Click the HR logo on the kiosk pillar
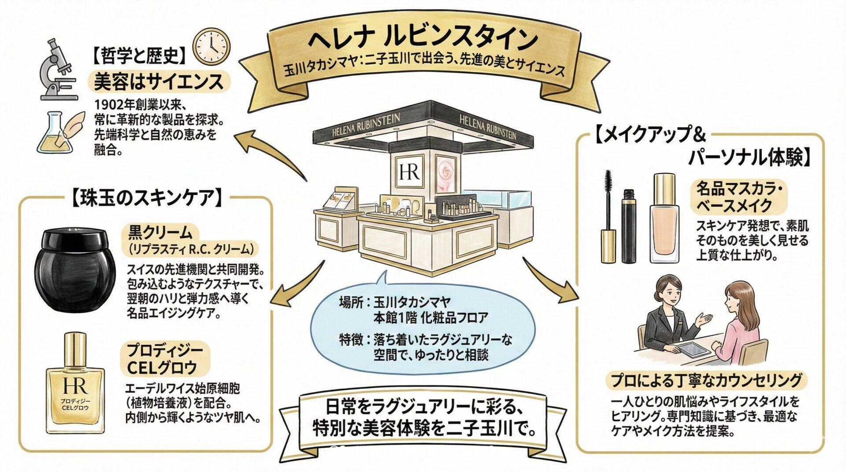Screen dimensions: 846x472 (x=409, y=171)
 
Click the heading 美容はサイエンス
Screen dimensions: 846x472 (x=159, y=82)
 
